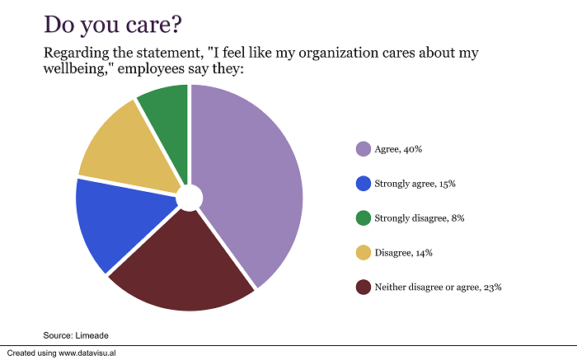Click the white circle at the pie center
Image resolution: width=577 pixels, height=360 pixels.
(x=189, y=197)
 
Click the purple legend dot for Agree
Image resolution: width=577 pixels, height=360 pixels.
(x=363, y=149)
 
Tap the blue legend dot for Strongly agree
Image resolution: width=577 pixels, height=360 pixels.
(x=363, y=184)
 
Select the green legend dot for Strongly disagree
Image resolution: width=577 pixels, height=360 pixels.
(x=363, y=218)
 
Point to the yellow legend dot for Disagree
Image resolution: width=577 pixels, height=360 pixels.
(x=363, y=253)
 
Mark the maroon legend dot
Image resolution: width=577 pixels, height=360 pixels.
(x=363, y=288)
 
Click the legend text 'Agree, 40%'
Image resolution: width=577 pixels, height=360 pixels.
(x=399, y=149)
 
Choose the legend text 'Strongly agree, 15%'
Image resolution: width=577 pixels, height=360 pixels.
(x=415, y=184)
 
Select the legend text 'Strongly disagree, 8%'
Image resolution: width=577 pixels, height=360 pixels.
(x=420, y=218)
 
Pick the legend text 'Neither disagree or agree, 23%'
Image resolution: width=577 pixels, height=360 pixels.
(x=438, y=288)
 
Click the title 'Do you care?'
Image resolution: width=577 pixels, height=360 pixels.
(x=114, y=24)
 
